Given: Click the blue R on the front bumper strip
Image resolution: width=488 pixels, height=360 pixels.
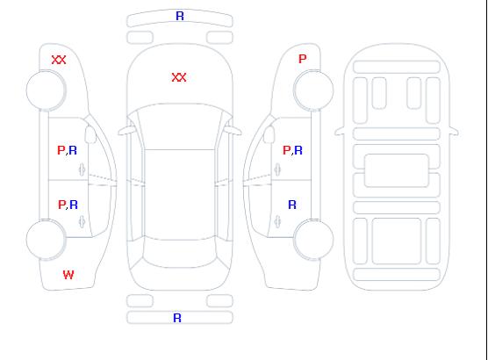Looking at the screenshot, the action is [180, 16].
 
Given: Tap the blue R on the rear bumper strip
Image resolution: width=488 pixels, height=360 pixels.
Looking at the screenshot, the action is [177, 318].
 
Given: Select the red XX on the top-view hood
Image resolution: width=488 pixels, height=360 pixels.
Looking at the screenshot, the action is [179, 77].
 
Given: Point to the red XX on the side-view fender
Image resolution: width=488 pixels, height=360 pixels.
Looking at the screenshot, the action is [59, 60].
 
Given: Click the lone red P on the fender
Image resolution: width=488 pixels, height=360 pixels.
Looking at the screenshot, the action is [303, 59].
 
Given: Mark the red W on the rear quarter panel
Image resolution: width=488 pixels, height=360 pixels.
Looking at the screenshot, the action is [68, 275].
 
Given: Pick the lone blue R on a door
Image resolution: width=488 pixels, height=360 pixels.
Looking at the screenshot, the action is [292, 205].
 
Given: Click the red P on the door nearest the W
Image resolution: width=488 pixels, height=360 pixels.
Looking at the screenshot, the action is [61, 205].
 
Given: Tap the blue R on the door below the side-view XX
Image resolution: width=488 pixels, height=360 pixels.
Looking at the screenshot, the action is [73, 150].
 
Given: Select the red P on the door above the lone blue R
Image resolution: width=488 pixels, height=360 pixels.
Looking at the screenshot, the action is [286, 150].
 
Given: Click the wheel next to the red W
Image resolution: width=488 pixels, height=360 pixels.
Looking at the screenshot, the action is [46, 240].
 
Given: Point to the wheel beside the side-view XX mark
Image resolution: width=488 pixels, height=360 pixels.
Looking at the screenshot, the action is [46, 90].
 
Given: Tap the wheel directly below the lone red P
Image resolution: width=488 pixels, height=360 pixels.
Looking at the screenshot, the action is [313, 90].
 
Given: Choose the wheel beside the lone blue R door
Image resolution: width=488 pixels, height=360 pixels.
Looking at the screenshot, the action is [313, 240].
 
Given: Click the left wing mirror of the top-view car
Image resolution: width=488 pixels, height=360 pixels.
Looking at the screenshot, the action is [126, 131].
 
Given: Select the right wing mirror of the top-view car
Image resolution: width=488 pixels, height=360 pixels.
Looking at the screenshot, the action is [233, 131].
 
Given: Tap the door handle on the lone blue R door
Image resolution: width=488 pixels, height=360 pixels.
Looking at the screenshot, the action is [277, 221].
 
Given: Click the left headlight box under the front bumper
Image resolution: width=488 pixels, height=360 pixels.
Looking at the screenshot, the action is [140, 38].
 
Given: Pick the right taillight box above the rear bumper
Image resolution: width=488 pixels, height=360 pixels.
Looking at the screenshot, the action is [219, 301].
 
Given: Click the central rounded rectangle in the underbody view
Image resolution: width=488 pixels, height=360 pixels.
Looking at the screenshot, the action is [397, 170].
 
